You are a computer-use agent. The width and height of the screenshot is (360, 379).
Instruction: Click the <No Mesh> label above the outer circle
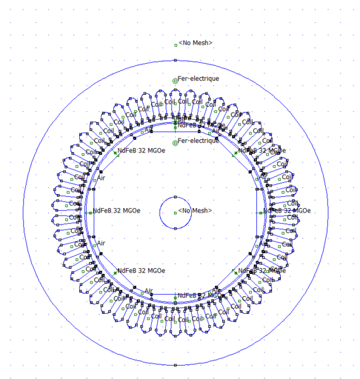point(196,42)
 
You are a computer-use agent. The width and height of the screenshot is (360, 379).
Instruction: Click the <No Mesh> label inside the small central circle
point(195,211)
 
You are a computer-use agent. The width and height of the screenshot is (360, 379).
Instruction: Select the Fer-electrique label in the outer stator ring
point(199,78)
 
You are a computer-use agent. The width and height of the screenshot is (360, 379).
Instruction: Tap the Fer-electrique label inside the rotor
point(199,140)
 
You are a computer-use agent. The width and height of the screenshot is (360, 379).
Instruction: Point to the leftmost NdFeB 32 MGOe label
point(116,211)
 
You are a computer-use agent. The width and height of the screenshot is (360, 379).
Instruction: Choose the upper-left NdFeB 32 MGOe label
point(141,151)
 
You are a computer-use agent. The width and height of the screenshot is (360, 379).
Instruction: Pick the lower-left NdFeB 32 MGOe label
point(141,270)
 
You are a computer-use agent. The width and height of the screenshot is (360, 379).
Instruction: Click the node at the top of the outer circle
point(175,60)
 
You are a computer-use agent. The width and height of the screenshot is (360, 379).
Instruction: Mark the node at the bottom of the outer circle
point(175,365)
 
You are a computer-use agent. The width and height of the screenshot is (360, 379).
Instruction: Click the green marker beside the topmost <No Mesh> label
point(176,45)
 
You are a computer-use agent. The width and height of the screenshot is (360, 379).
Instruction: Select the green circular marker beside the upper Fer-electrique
point(175,80)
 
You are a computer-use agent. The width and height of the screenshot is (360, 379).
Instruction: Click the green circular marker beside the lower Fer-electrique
point(175,142)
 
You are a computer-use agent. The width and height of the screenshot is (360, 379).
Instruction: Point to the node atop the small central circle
point(175,197)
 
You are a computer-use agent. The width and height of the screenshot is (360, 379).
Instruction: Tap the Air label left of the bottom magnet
point(149,291)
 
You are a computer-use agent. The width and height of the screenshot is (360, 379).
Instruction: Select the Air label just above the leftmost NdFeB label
point(101,178)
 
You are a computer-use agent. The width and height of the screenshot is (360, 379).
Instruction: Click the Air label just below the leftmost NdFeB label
point(101,243)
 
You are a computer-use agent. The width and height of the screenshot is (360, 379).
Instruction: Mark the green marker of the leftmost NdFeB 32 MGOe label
point(90,213)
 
